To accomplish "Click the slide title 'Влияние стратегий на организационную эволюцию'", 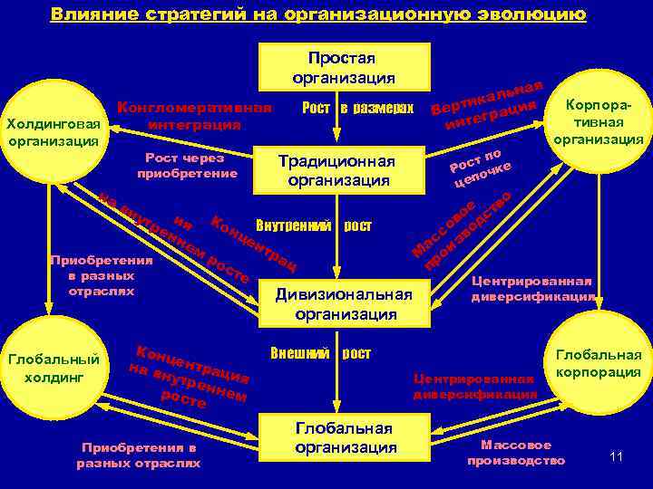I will point(318,14).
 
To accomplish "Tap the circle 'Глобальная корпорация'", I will point(598,364).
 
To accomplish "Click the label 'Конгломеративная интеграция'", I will point(194,115).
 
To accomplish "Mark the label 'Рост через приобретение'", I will point(187,165).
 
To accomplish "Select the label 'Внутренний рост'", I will point(314,225).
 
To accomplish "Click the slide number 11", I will point(617,455).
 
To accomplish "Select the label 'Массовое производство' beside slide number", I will point(515,453).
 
